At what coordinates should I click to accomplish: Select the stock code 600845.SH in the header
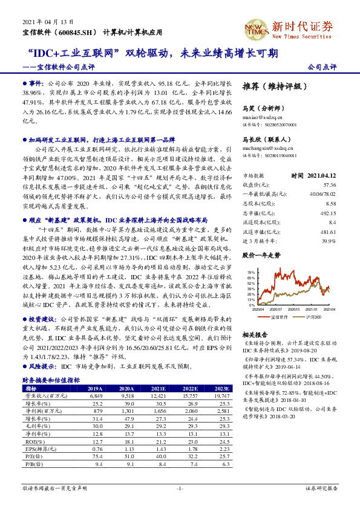[x=78, y=32]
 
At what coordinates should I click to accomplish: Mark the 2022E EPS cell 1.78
[x=191, y=449]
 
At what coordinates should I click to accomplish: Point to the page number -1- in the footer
[x=180, y=488]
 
